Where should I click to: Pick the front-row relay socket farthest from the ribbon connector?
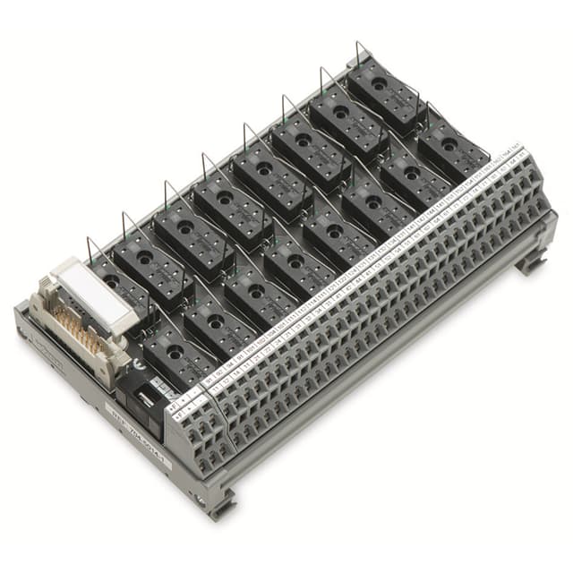click(x=453, y=150)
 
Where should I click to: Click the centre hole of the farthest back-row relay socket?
click(x=380, y=87)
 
